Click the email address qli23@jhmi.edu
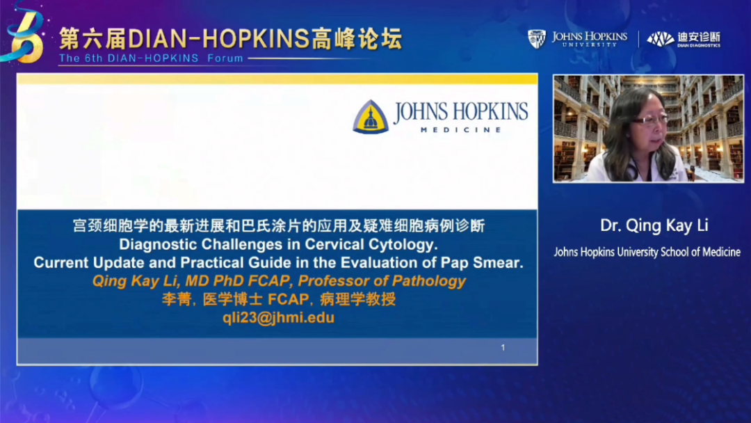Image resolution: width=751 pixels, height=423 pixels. click(278, 318)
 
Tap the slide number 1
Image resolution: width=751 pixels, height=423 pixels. click(503, 347)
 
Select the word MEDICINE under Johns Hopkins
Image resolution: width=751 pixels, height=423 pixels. click(461, 130)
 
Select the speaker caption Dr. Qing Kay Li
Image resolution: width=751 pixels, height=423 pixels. click(654, 225)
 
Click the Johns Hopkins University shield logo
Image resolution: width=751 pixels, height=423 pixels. click(536, 39)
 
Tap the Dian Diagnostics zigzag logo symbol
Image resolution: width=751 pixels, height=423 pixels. click(661, 39)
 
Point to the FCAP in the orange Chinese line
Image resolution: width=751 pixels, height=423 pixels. click(289, 299)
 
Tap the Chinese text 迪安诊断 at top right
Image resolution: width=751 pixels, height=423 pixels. click(699, 36)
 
